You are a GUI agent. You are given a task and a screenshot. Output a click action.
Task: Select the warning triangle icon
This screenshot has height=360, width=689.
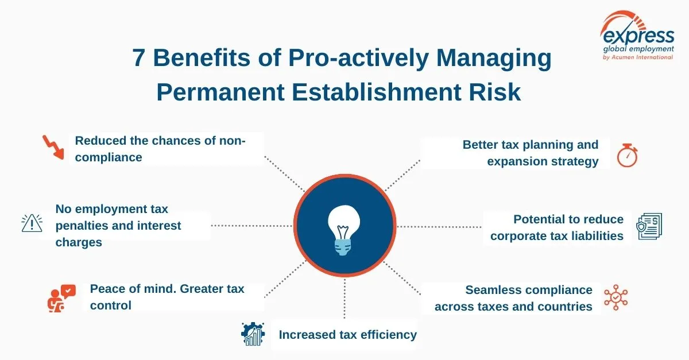[32, 223]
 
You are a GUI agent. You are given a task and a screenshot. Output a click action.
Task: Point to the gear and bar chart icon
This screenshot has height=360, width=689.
[252, 334]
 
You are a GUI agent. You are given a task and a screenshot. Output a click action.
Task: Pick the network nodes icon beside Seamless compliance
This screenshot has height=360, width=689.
[616, 297]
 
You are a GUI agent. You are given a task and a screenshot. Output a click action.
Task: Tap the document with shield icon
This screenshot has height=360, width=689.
[649, 226]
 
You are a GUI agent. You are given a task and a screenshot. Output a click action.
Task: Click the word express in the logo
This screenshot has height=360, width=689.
[637, 36]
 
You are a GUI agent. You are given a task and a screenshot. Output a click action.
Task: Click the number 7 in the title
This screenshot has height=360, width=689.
[138, 59]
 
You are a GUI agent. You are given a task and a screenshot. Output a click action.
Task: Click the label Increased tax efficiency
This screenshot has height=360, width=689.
[347, 334]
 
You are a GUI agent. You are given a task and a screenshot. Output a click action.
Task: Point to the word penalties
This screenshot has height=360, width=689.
[82, 226]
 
